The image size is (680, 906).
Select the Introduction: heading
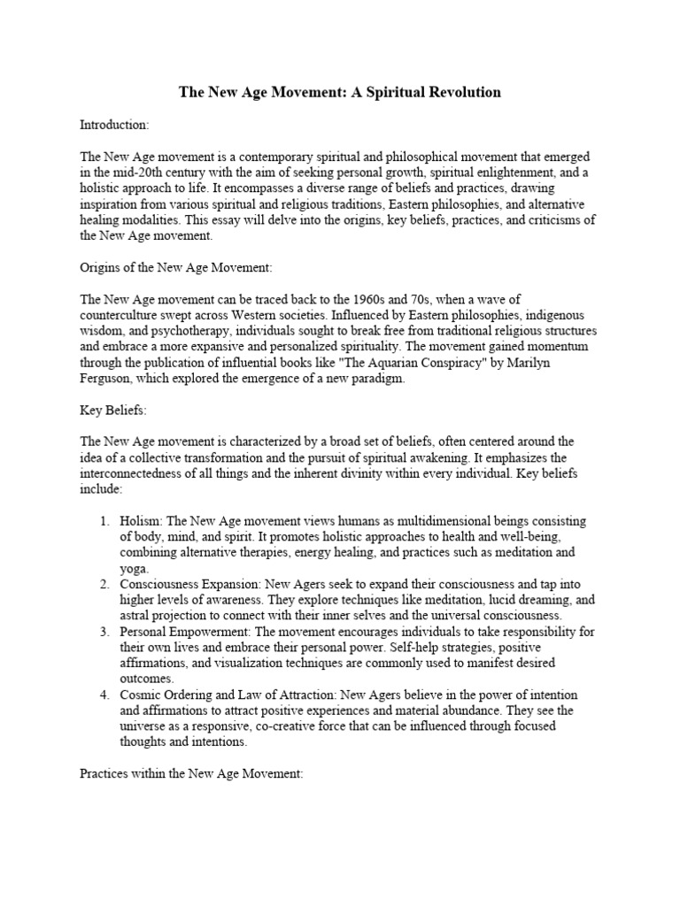point(114,125)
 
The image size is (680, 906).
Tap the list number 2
point(104,584)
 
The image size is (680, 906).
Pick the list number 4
point(104,695)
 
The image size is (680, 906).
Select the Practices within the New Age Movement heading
point(191,773)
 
